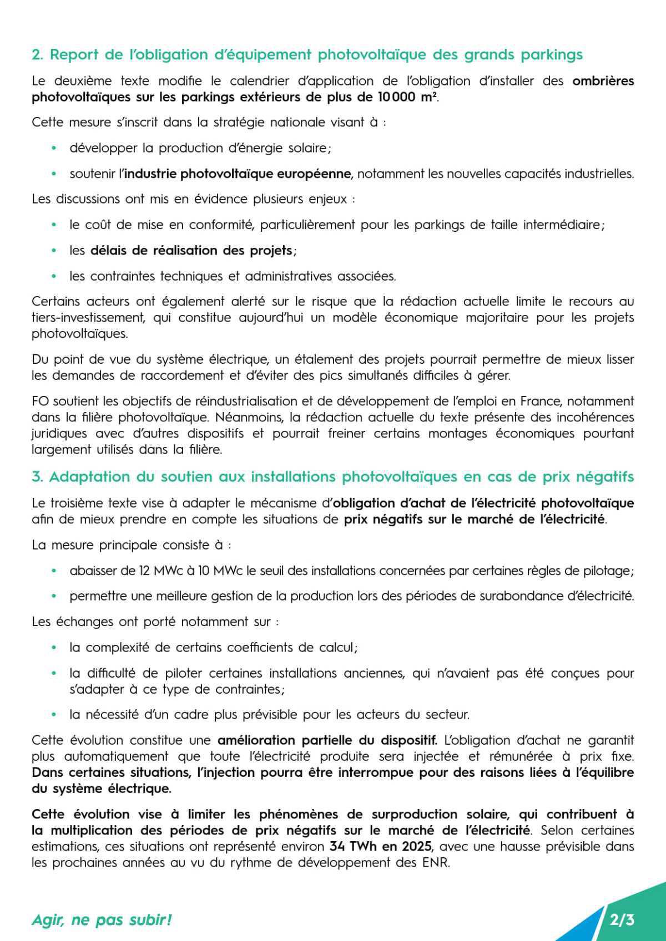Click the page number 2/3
(622, 920)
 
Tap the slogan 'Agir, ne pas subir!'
(102, 920)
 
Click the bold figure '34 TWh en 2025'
(380, 847)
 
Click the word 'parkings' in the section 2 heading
(552, 54)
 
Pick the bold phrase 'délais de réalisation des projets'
(191, 251)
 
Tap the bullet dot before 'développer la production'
(54, 148)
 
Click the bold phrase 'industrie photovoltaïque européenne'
(238, 174)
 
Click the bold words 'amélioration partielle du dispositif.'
(327, 740)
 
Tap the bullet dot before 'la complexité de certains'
(54, 648)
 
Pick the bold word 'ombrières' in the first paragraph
(603, 81)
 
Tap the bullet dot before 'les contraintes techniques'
(54, 276)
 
